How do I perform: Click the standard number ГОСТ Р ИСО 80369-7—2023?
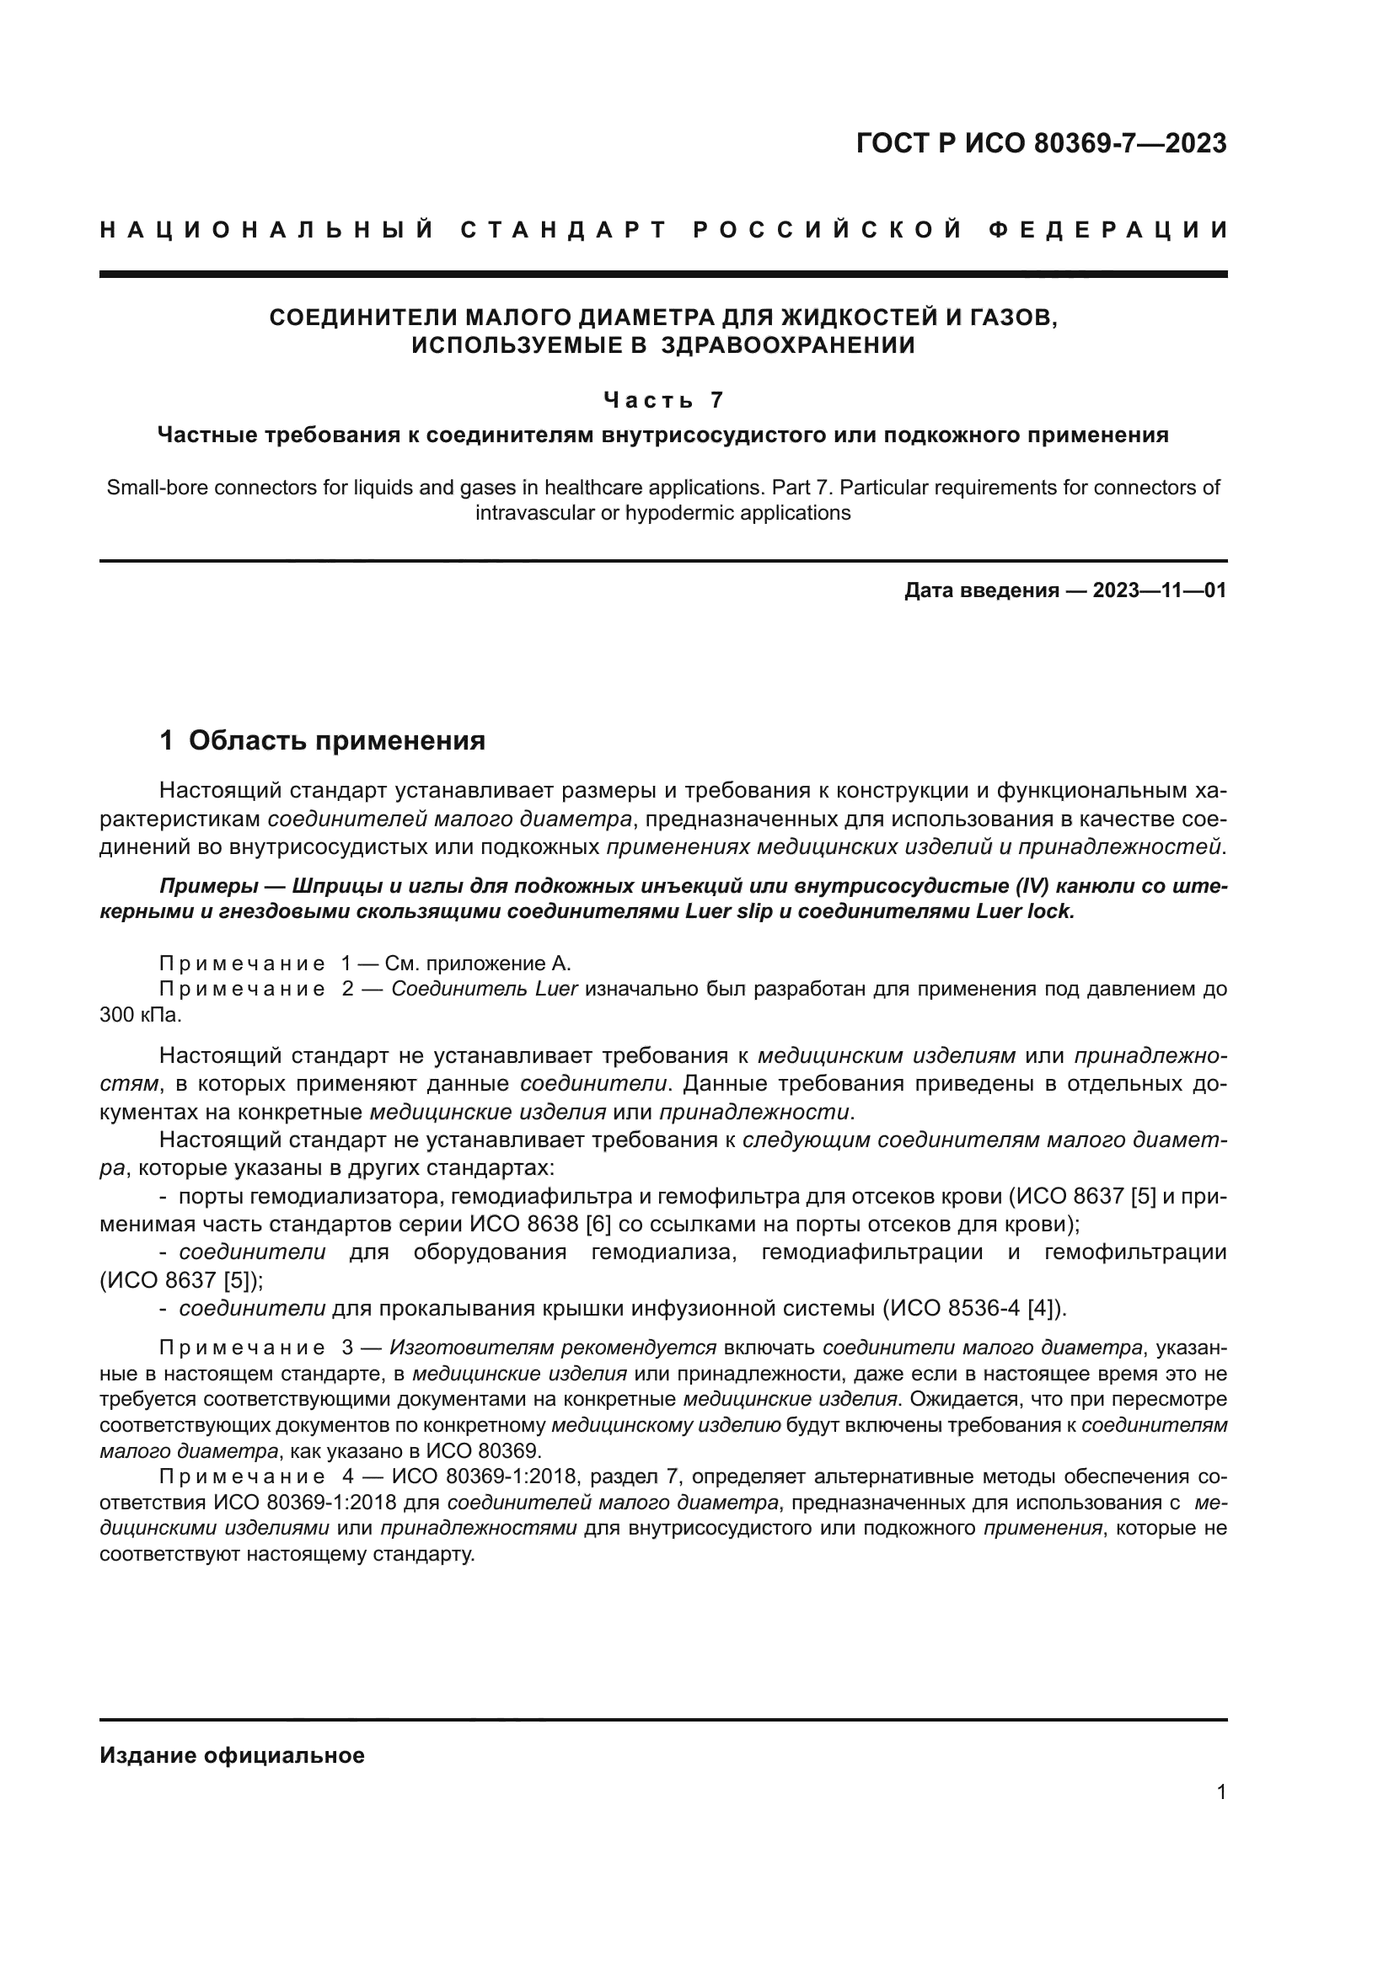pos(1041,143)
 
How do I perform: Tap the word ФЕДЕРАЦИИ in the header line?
pos(1107,230)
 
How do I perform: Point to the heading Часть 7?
pos(663,400)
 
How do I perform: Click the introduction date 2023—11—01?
pos(1159,590)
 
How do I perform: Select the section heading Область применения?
pos(336,740)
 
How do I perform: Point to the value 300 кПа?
pos(140,1015)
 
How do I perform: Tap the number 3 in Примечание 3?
pos(346,1348)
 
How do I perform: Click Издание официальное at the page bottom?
pos(232,1755)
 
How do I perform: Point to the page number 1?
pos(1220,1792)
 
